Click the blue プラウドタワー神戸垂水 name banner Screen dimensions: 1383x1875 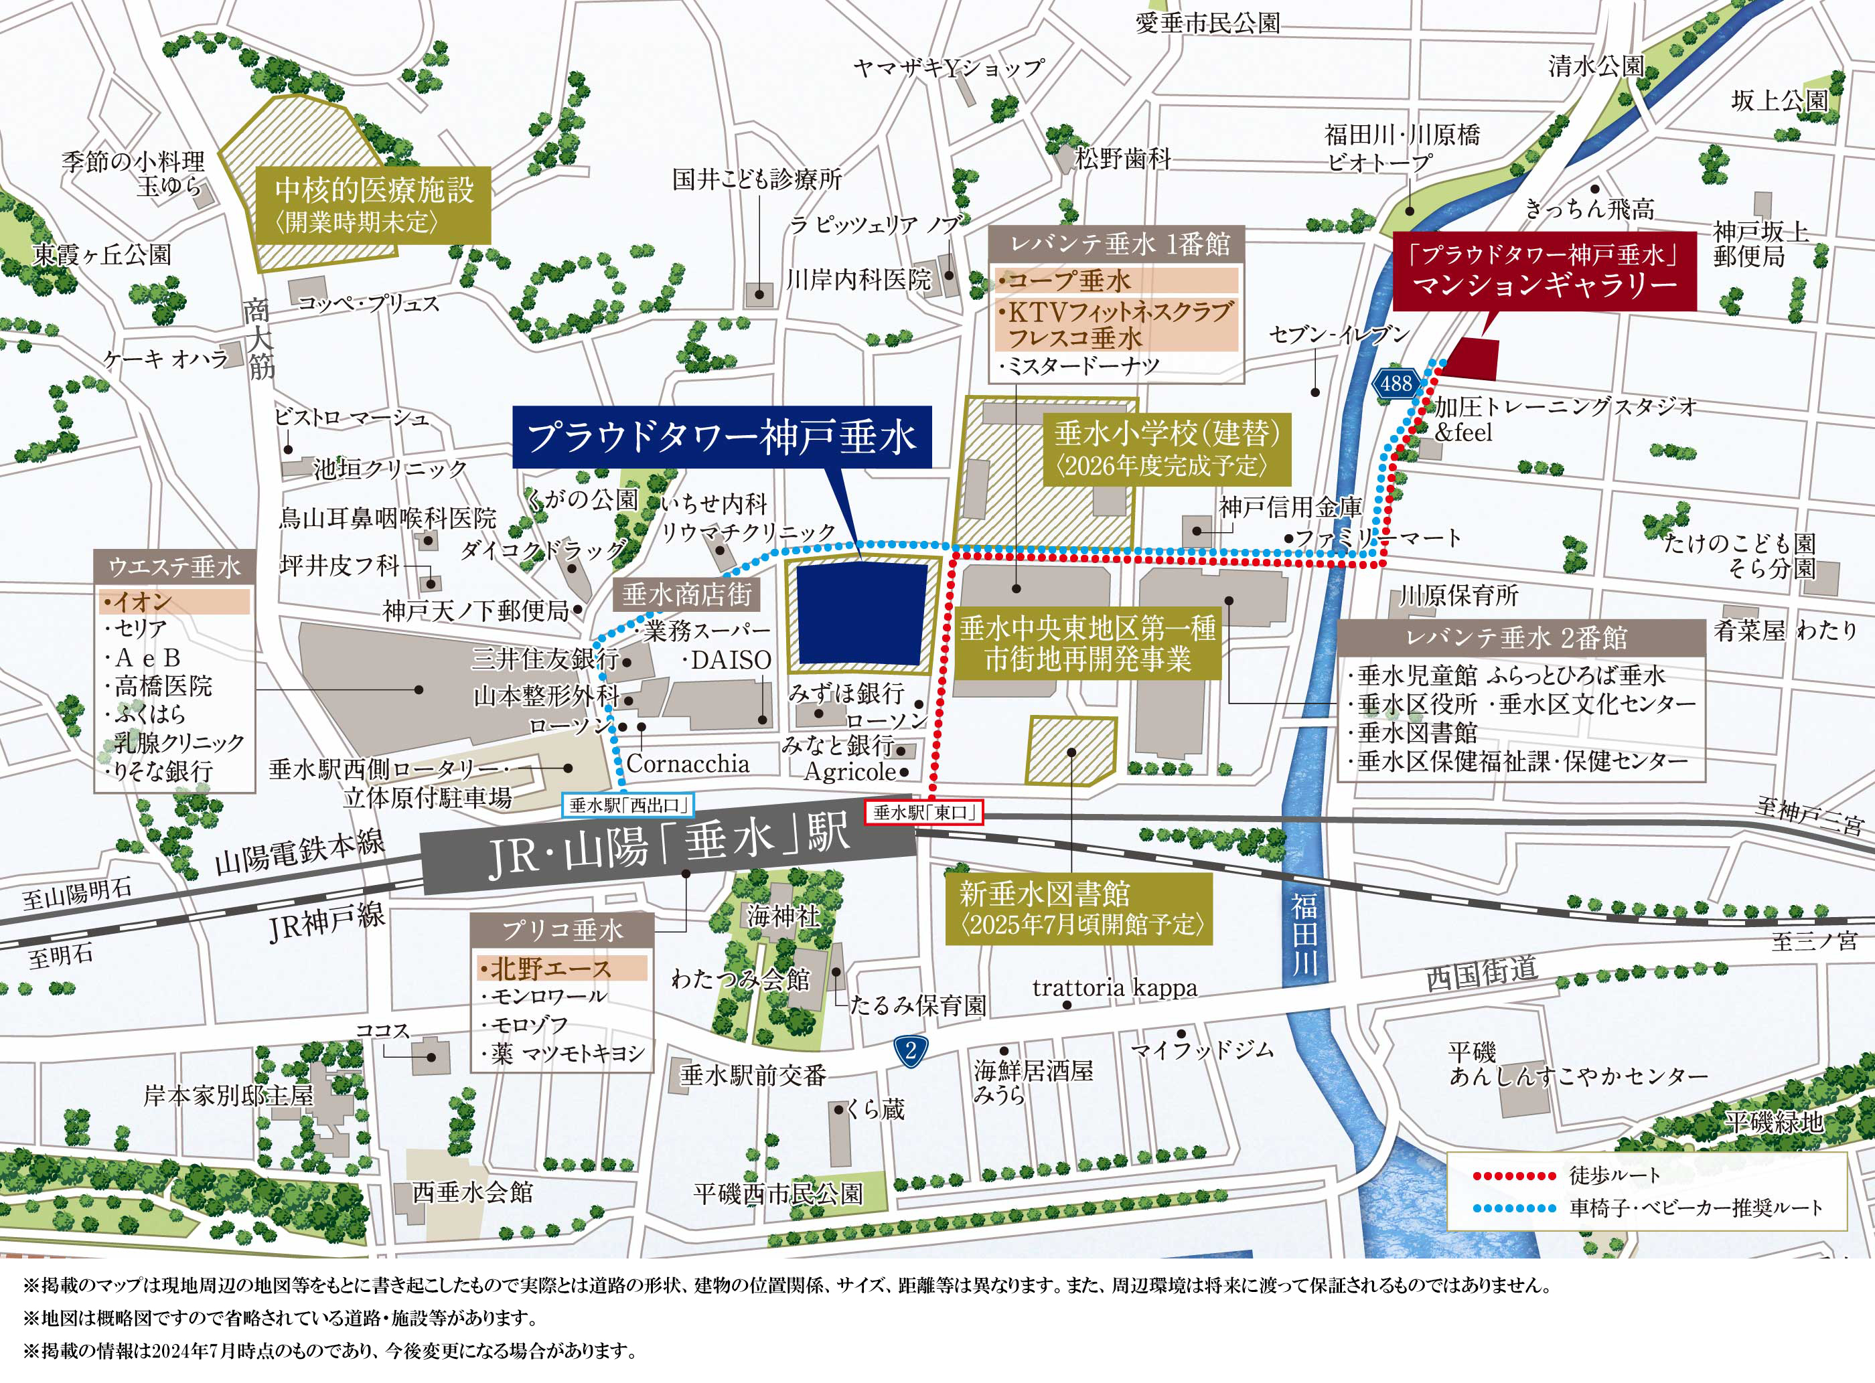pyautogui.click(x=721, y=437)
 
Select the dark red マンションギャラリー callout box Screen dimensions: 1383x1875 pyautogui.click(x=1544, y=271)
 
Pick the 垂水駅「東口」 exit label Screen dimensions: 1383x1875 pyautogui.click(x=923, y=812)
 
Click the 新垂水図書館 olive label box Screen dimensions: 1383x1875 pyautogui.click(x=1079, y=909)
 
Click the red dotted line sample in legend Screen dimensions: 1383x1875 pyautogui.click(x=1514, y=1175)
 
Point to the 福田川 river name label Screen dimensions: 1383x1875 pyautogui.click(x=1303, y=933)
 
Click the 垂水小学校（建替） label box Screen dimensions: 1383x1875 pyautogui.click(x=1167, y=449)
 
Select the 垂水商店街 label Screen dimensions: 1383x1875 pyautogui.click(x=686, y=594)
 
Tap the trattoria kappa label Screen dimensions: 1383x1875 pyautogui.click(x=1114, y=989)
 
